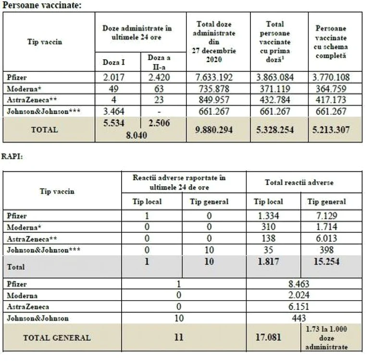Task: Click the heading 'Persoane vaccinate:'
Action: click(42, 5)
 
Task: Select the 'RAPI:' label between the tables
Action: click(12, 156)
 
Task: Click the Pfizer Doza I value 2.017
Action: click(113, 77)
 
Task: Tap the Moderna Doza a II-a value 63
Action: click(159, 89)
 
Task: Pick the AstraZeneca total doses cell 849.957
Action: click(214, 100)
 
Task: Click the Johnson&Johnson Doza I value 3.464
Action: click(113, 111)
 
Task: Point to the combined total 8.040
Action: click(136, 135)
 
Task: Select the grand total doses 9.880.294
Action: click(214, 130)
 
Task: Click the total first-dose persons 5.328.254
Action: click(275, 130)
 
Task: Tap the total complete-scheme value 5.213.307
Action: click(331, 130)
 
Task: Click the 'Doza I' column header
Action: click(113, 62)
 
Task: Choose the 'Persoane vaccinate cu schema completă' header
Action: click(331, 42)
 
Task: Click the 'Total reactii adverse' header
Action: click(299, 182)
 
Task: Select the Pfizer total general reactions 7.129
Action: click(326, 216)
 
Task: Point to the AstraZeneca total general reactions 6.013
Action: click(326, 238)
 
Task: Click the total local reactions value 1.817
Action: click(268, 262)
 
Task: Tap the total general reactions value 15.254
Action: click(326, 262)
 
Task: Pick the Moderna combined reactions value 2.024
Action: click(298, 295)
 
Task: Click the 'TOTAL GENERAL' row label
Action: click(57, 338)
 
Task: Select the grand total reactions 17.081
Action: click(268, 337)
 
